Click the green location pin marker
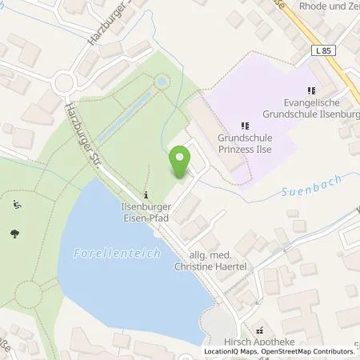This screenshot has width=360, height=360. click(180, 163)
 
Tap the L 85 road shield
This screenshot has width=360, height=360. click(322, 50)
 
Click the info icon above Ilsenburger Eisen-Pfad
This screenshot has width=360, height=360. click(145, 195)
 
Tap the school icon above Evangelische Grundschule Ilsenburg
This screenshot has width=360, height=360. click(311, 90)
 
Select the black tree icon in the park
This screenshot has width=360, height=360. click(15, 233)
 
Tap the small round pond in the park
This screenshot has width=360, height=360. click(163, 81)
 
